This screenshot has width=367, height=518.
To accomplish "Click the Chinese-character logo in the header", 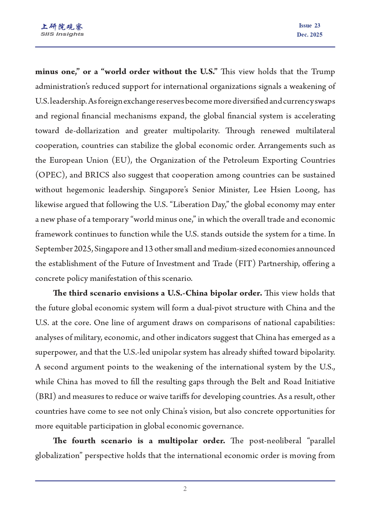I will (62, 27).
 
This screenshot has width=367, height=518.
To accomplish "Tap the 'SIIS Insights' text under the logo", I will (62, 34).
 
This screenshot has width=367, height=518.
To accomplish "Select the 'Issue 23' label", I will (309, 26).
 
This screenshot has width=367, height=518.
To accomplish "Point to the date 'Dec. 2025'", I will (309, 35).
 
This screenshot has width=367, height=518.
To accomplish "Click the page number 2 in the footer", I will (185, 489).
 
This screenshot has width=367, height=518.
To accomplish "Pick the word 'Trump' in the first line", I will (323, 72).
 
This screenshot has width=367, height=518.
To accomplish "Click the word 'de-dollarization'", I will (92, 131).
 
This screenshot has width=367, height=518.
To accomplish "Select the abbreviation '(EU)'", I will (121, 160).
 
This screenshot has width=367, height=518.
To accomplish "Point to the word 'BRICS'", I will (97, 175).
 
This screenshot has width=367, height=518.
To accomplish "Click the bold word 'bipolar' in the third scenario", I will (225, 293).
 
